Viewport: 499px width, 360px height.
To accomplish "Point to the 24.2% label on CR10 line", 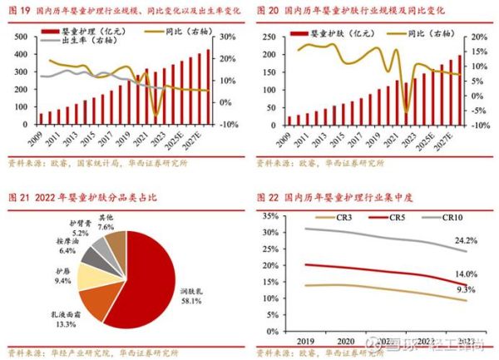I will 467,241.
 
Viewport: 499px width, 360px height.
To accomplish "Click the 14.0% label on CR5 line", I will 467,274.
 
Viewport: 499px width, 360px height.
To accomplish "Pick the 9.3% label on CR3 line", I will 467,290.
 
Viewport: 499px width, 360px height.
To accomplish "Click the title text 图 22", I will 270,198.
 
